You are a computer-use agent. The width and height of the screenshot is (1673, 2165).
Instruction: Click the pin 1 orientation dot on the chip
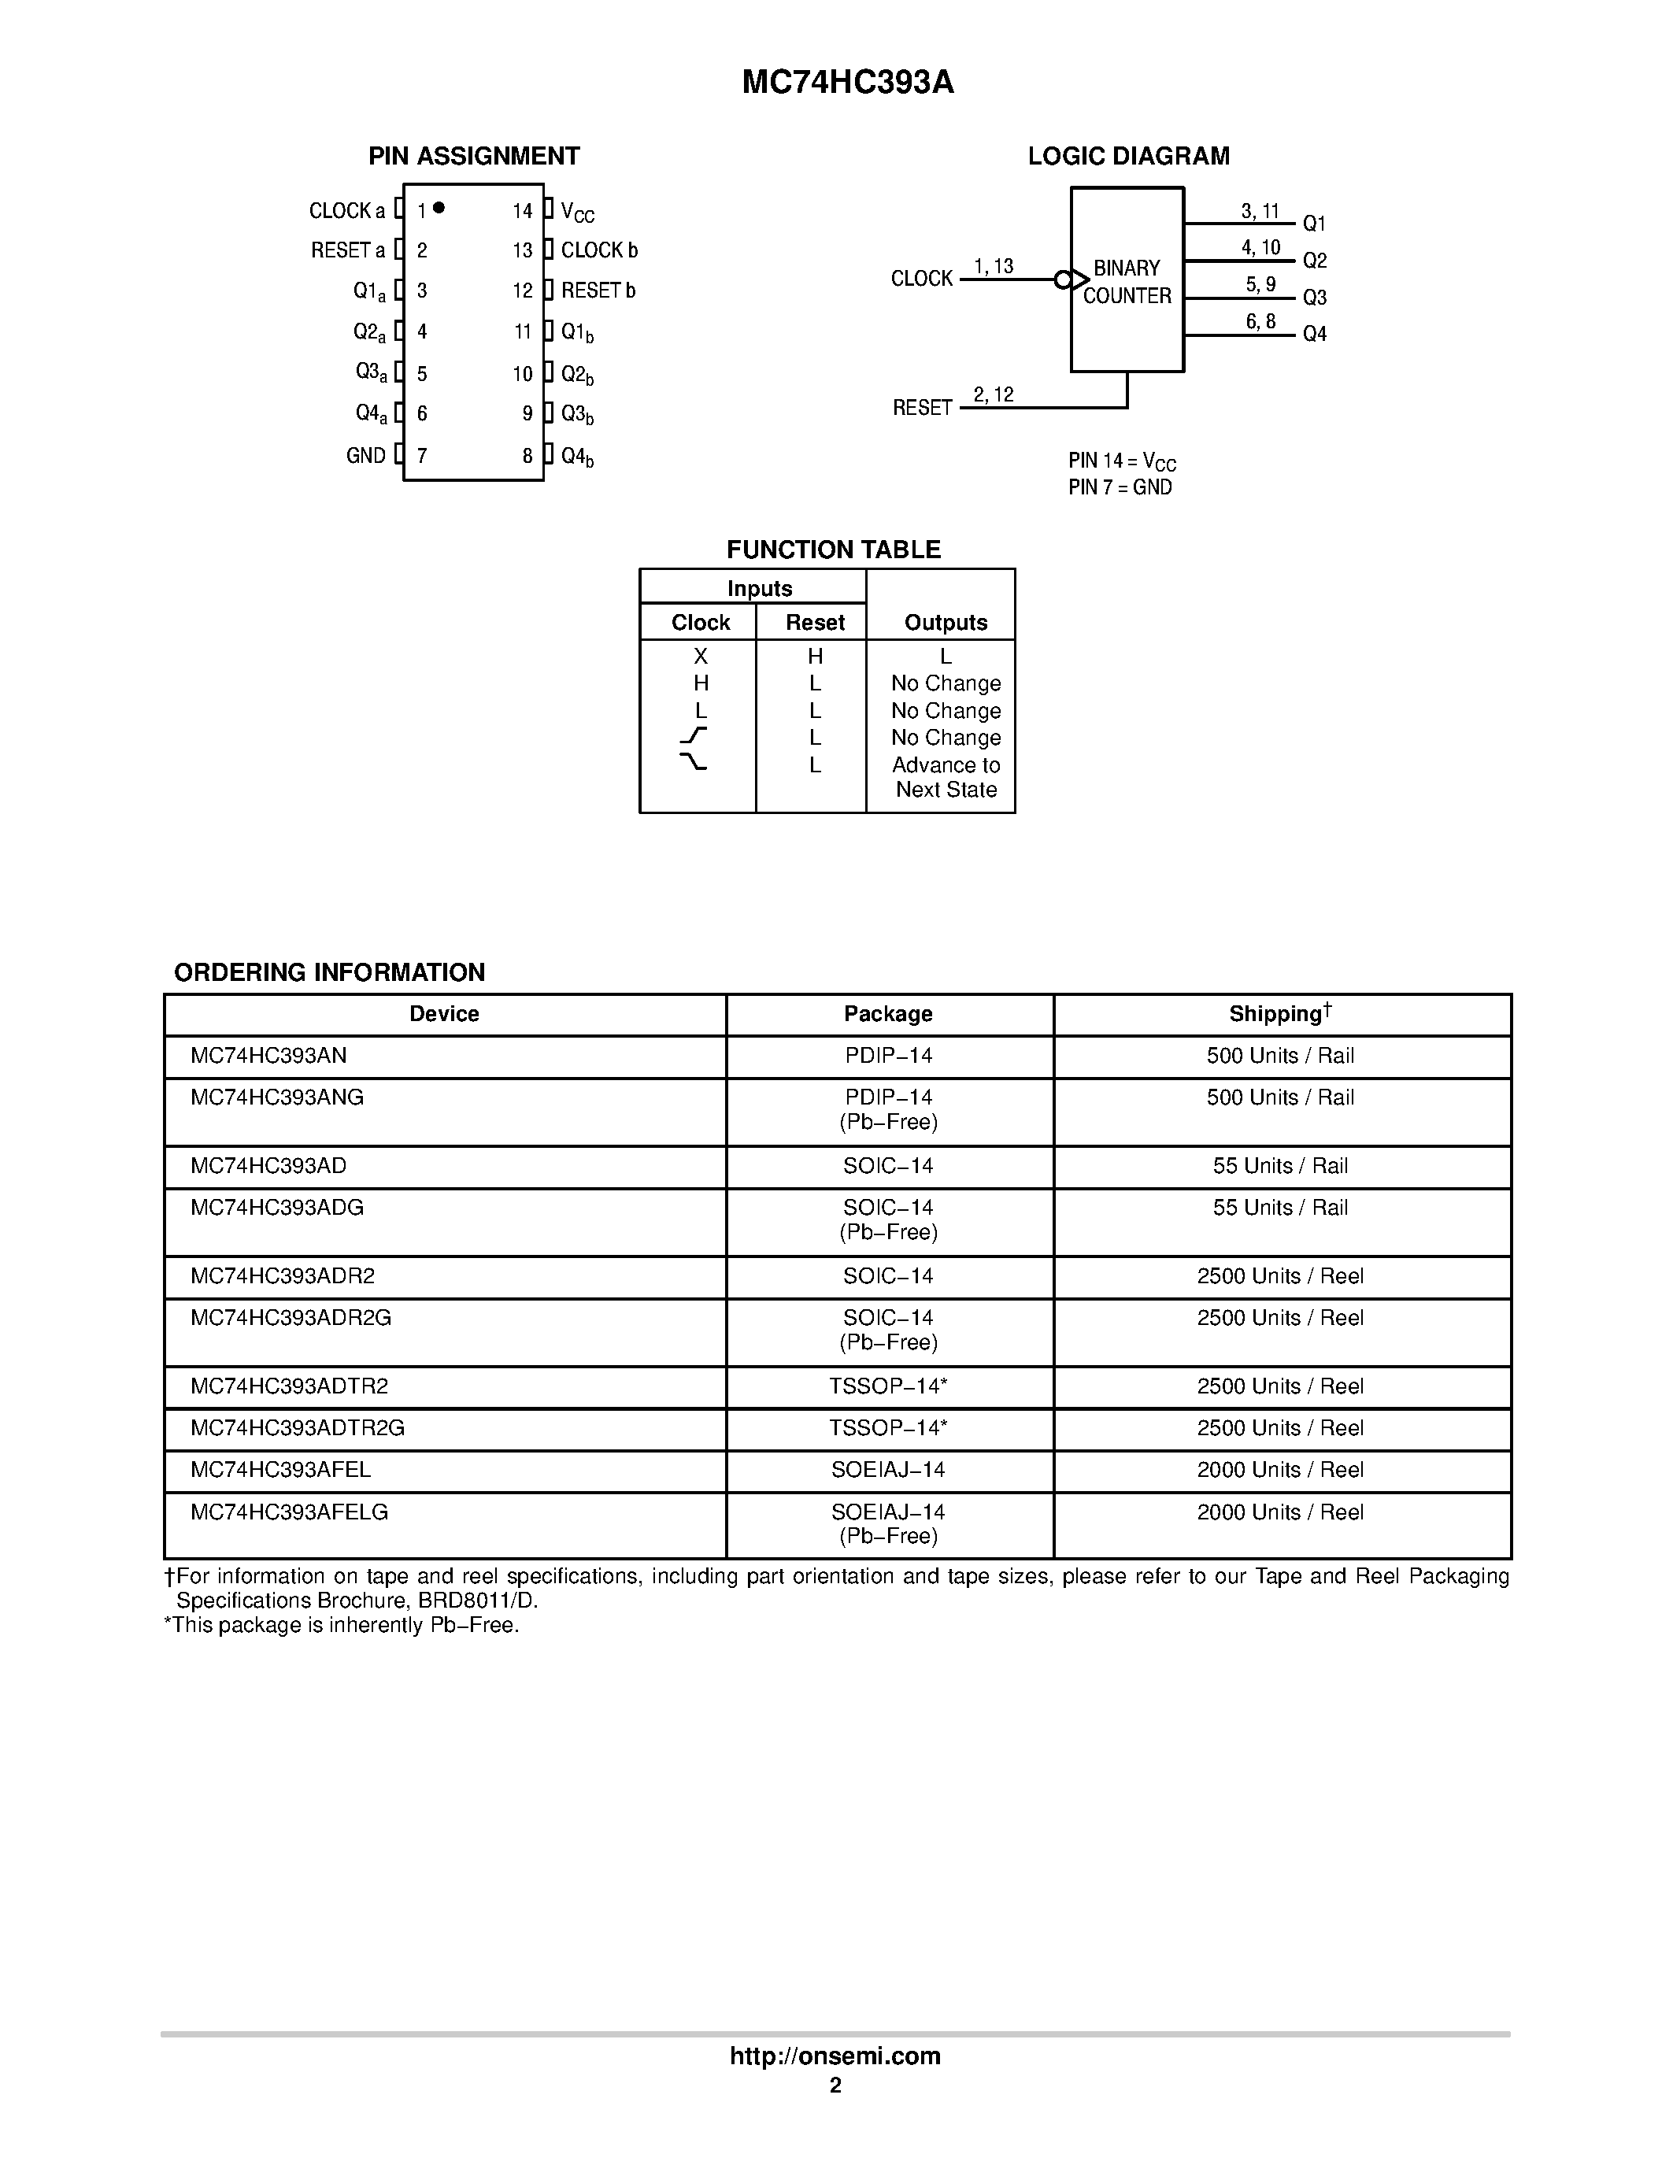[x=439, y=207]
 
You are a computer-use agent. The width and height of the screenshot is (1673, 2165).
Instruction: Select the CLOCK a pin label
[x=347, y=211]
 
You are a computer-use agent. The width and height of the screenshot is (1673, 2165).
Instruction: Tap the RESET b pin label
[x=598, y=291]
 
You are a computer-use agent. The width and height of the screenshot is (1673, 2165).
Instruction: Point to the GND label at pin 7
[x=366, y=456]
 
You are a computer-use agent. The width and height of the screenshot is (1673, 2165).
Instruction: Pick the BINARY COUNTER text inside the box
[x=1127, y=283]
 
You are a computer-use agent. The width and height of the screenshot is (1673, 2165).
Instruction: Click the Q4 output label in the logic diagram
[x=1314, y=334]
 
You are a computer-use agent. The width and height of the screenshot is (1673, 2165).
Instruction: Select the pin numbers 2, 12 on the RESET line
[x=993, y=394]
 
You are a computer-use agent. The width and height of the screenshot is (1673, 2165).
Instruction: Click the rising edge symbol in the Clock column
[x=694, y=735]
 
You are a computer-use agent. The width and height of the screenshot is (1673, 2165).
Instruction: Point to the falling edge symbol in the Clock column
[x=694, y=762]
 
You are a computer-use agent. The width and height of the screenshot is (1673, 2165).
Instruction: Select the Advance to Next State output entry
[x=946, y=777]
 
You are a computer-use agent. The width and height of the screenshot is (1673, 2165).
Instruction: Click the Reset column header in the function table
[x=815, y=623]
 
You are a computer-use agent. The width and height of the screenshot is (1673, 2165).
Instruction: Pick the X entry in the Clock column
[x=701, y=657]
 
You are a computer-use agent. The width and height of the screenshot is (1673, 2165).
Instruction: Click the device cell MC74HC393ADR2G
[x=291, y=1317]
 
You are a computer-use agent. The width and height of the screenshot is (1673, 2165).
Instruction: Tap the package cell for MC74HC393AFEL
[x=888, y=1470]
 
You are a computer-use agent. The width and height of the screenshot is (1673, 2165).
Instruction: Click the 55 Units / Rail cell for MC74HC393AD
[x=1279, y=1166]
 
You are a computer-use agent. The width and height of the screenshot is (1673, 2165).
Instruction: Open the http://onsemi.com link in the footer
[x=835, y=2056]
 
